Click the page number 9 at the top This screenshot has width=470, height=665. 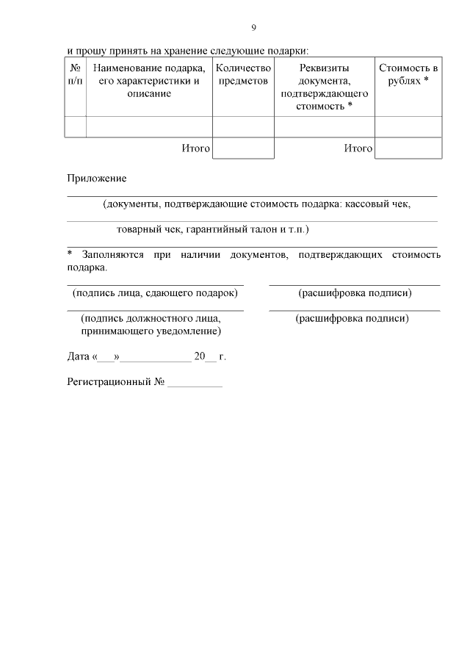coord(254,28)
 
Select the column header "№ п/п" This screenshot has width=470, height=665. coord(75,74)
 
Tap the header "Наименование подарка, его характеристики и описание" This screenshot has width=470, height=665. coord(149,81)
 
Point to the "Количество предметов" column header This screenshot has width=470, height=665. coord(243,74)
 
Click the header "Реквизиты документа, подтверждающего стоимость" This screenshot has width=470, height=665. coord(324,87)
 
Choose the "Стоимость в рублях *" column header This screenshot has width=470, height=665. coord(408,74)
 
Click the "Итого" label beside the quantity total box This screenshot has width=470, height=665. coord(195,148)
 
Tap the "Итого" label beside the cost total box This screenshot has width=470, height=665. coord(358,148)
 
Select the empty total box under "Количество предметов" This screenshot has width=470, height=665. coord(243,148)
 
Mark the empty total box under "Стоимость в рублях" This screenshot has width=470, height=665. coord(408,148)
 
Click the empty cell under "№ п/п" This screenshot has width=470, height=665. coord(75,126)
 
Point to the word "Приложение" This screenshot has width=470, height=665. coord(97,179)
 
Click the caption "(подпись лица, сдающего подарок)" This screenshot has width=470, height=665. coord(155,293)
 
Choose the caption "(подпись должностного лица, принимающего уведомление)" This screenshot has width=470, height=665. coord(152,325)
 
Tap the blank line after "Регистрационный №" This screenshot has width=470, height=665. coord(195,384)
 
